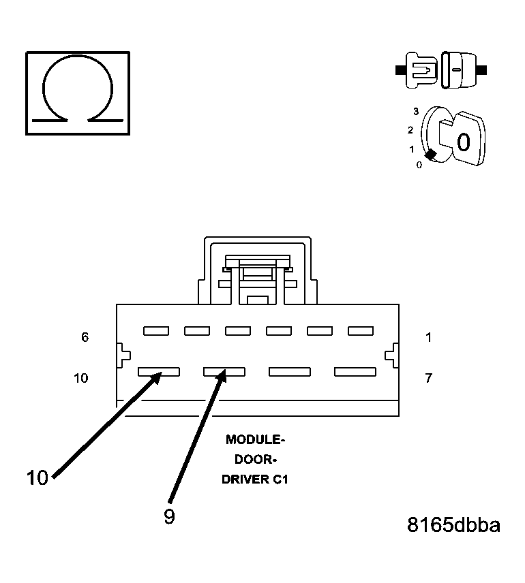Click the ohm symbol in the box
coord(77,92)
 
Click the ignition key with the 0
coord(462,140)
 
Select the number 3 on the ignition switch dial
coord(415,111)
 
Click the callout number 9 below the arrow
coord(169,517)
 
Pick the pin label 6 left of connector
coord(85,337)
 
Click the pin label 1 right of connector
coord(428,337)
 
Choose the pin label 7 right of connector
coord(428,378)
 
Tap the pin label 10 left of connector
coord(81,378)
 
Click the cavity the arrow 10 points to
coord(158,372)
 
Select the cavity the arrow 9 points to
coord(224,372)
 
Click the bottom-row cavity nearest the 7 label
coord(355,372)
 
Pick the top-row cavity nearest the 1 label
coord(361,331)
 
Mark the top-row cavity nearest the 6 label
coord(156,331)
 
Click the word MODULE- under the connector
coord(256,439)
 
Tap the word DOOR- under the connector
coord(256,459)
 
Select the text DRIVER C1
coord(256,479)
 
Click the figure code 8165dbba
coord(453,525)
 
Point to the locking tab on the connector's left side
coord(123,354)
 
